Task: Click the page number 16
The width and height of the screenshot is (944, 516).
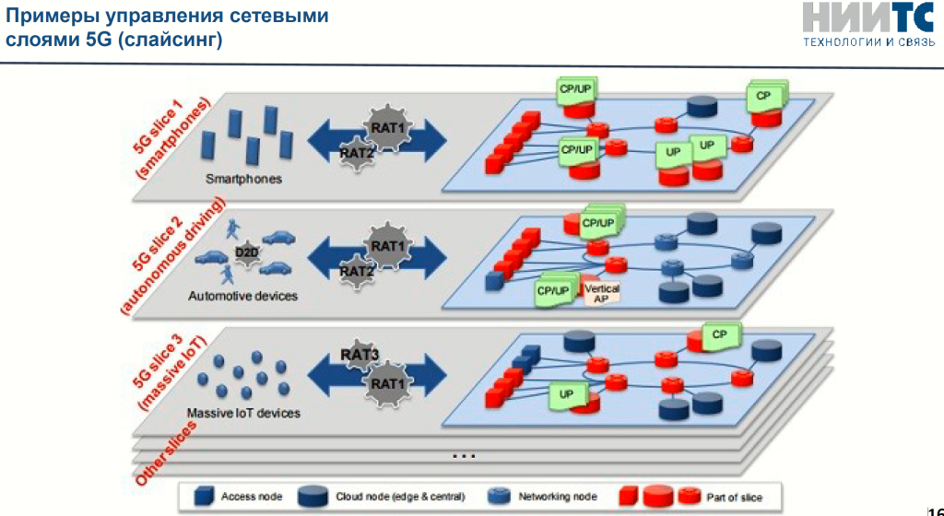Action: point(935,502)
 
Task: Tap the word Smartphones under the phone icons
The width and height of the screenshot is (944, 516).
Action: point(243,179)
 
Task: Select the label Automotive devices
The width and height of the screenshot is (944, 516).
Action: point(243,297)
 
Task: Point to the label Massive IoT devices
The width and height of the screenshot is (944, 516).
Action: point(243,414)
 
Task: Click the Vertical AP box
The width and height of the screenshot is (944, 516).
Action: point(602,293)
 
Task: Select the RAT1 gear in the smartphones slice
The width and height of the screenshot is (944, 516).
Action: point(388,126)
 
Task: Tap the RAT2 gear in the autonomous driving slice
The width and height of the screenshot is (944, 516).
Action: point(357,272)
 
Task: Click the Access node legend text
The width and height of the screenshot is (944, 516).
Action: point(252,497)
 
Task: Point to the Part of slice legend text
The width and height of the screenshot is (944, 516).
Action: point(734,497)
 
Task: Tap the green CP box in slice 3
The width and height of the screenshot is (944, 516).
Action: point(720,335)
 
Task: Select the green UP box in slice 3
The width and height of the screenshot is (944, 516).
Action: point(567,395)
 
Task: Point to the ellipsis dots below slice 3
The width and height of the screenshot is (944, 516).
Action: point(465,455)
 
